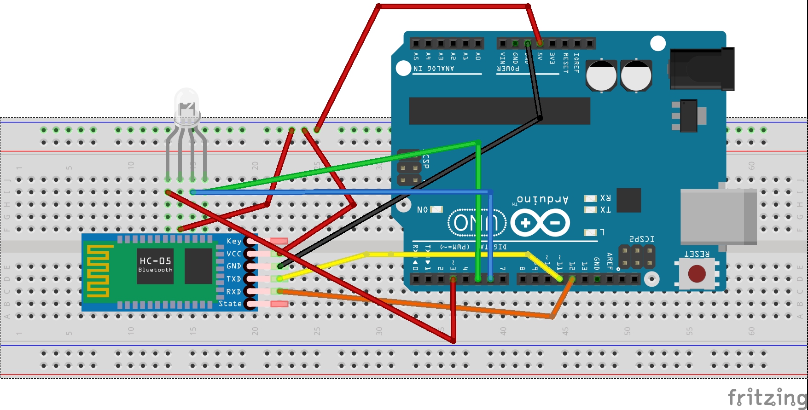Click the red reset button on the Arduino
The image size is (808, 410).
(697, 274)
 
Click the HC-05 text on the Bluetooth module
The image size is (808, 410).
(155, 261)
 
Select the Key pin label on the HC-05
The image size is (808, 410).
(234, 241)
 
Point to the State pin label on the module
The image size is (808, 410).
(230, 304)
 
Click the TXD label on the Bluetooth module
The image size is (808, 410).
(233, 279)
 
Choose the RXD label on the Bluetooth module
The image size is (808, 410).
(233, 292)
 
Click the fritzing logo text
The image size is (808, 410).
(767, 397)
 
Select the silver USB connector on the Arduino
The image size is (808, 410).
(718, 216)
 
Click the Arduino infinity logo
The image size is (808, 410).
(540, 223)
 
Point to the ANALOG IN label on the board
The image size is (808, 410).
(433, 69)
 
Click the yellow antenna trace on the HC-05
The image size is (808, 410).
(98, 271)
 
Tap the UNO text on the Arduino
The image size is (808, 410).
(477, 223)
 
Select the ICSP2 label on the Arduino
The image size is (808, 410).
(641, 239)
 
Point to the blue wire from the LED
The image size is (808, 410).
(341, 191)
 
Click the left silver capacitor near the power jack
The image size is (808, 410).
(601, 75)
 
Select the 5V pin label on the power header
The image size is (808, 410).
(540, 57)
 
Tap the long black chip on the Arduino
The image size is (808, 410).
(500, 111)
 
